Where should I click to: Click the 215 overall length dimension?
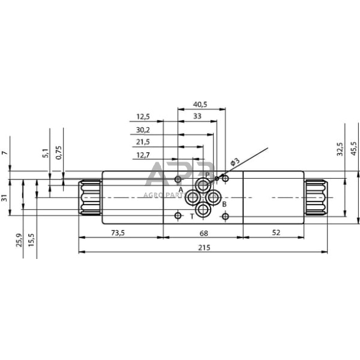click(x=204, y=247)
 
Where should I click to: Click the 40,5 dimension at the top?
click(x=200, y=105)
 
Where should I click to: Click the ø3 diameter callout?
click(x=234, y=162)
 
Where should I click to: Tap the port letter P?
click(x=208, y=175)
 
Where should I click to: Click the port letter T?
click(x=192, y=216)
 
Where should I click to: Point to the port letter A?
click(x=181, y=190)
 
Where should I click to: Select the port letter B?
click(x=224, y=204)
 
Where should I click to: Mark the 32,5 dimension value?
click(x=340, y=149)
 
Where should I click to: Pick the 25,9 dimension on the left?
click(x=20, y=240)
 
